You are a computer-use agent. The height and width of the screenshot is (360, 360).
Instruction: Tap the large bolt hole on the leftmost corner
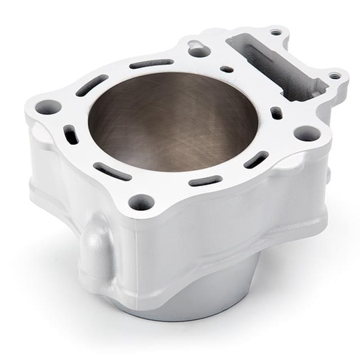point(48,108)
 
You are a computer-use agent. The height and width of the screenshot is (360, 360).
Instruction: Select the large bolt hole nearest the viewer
point(141,201)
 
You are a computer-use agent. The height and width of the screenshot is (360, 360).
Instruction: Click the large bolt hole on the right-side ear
point(307,133)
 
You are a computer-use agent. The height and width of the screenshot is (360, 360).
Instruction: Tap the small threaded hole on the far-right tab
point(335,75)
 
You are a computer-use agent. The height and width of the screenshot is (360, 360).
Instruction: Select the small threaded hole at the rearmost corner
point(276,32)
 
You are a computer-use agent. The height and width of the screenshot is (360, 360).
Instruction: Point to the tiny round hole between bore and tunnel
point(226,69)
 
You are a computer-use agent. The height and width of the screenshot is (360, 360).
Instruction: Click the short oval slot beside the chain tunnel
point(276,112)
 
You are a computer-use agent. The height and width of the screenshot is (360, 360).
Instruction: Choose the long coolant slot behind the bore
point(151,64)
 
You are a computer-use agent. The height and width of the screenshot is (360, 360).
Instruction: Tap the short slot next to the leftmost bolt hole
point(71,134)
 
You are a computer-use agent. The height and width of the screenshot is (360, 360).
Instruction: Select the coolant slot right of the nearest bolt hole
point(205,181)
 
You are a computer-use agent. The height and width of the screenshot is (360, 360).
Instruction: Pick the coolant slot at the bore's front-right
point(255,160)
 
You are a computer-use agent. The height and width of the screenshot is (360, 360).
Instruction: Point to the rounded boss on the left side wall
point(95,250)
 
